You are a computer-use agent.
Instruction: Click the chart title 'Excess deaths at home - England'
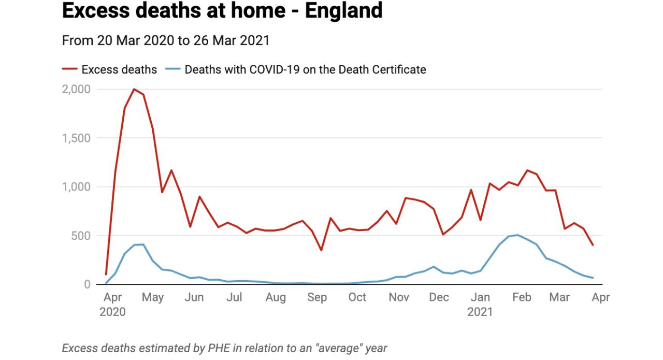pos(222,11)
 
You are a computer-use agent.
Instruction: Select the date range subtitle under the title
pos(166,40)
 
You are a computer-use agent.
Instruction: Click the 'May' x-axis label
pos(153,298)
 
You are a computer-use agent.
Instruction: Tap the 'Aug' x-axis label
pos(276,298)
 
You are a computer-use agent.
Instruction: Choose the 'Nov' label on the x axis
pos(399,298)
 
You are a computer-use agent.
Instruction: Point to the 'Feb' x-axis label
pos(522,298)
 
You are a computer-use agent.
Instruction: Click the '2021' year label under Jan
pos(480,312)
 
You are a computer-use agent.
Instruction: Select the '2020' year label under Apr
pos(112,312)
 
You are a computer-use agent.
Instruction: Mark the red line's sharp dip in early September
pos(321,250)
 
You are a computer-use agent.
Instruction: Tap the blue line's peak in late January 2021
pos(517,235)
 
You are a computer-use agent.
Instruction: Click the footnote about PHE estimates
pos(224,348)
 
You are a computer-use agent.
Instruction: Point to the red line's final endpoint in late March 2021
pos(593,245)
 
